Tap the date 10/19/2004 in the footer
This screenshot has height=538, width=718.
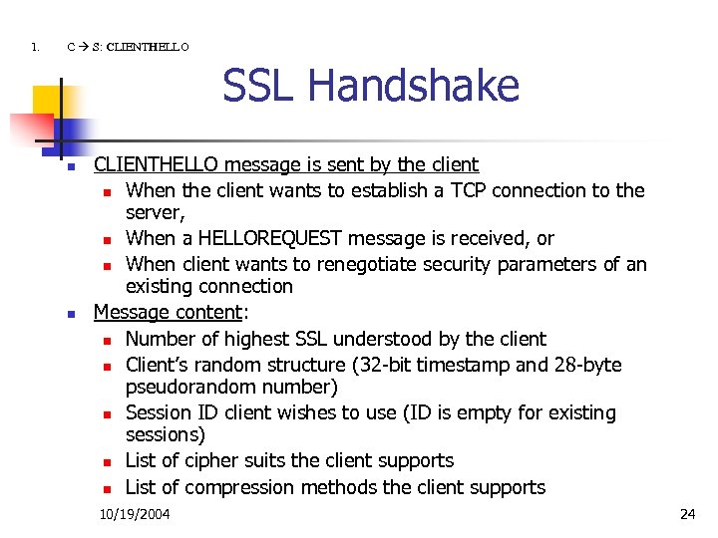(135, 514)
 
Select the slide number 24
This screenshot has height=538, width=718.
(687, 514)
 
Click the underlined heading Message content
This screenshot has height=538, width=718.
(168, 313)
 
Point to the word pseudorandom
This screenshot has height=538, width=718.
(185, 387)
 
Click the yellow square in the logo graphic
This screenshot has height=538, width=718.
(46, 102)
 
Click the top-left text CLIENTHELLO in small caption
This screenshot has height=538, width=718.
(147, 46)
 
